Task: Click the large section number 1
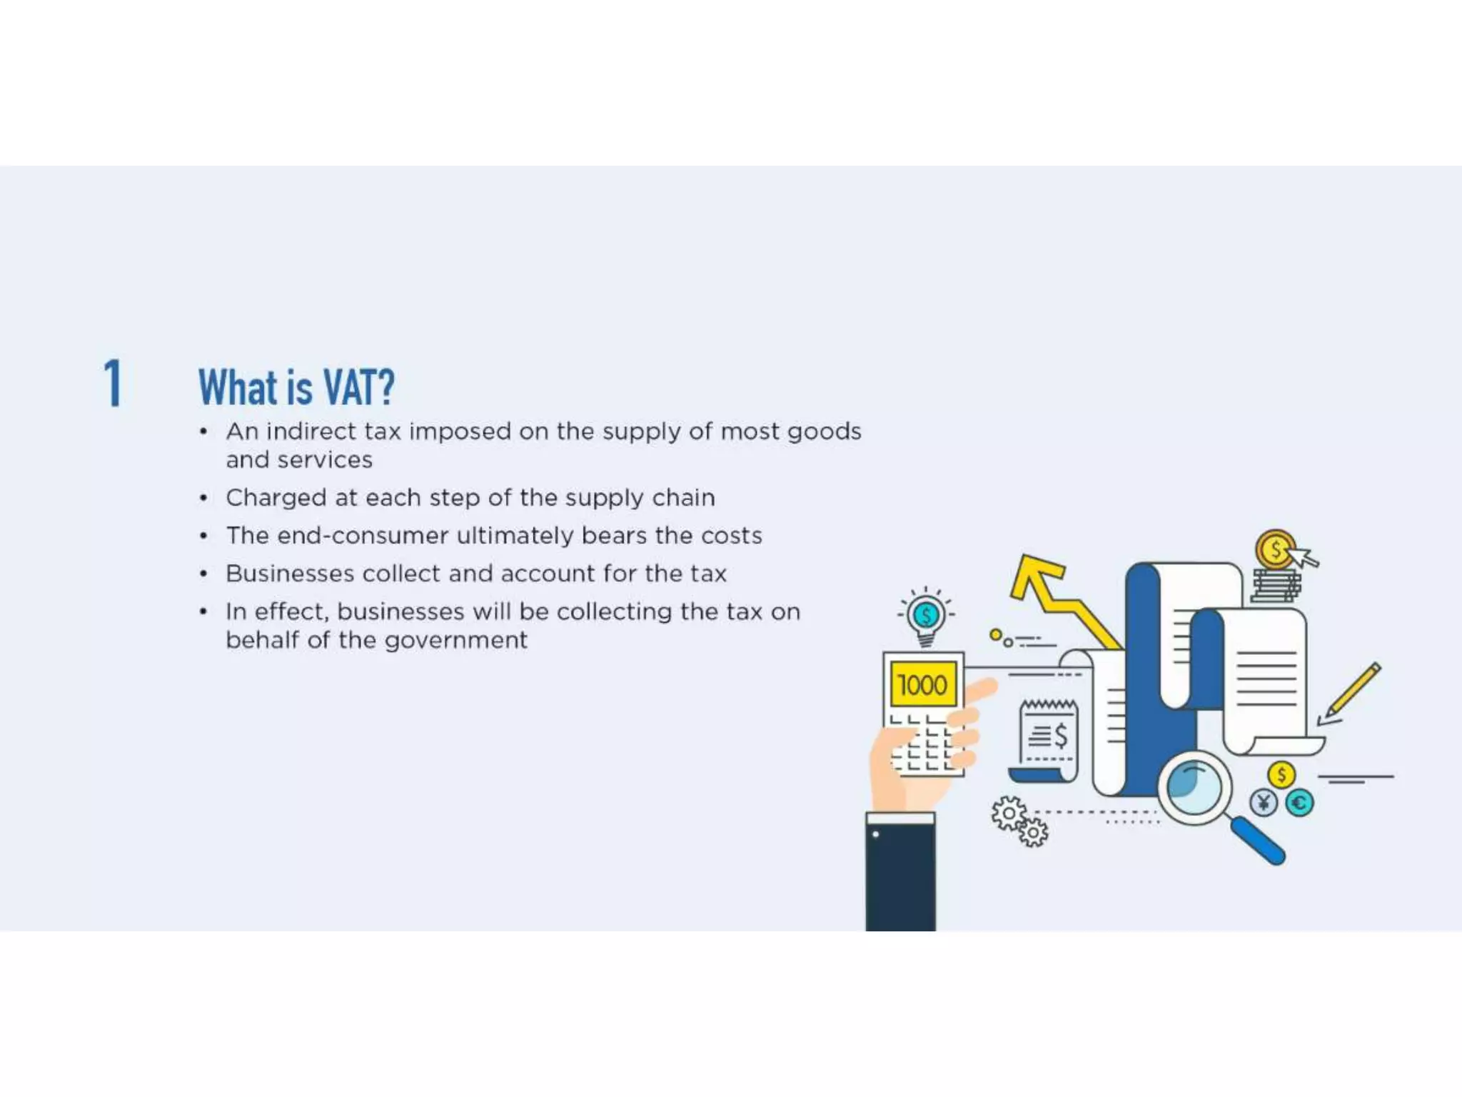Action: click(113, 384)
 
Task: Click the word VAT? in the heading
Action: click(358, 388)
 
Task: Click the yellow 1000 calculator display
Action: click(922, 685)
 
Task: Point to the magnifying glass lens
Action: click(1193, 786)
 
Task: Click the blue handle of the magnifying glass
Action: click(1258, 841)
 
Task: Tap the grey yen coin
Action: click(1263, 803)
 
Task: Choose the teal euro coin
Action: click(1299, 803)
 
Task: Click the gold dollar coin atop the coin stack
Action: click(1275, 550)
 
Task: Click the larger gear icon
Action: click(1009, 813)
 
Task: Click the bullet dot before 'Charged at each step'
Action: click(204, 498)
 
